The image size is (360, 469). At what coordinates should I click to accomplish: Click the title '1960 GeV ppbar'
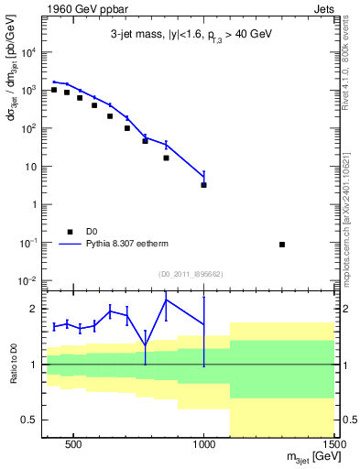pyautogui.click(x=82, y=10)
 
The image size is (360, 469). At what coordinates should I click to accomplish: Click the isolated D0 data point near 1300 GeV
pyautogui.click(x=282, y=245)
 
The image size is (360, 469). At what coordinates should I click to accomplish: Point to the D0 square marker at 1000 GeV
pyautogui.click(x=203, y=185)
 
